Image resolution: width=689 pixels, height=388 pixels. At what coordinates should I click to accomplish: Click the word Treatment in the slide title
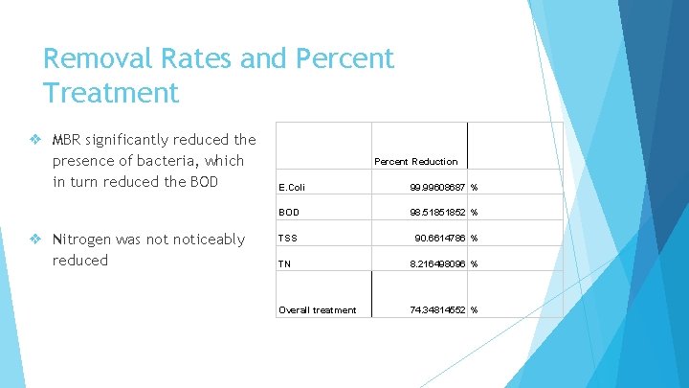point(111,93)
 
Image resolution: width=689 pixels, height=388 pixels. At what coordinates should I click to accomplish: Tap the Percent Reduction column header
point(415,161)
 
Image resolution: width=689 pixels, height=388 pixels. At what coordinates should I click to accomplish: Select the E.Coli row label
point(293,187)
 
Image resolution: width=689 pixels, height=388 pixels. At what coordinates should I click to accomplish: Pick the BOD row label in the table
point(289,213)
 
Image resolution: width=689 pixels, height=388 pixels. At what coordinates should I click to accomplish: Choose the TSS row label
point(288,238)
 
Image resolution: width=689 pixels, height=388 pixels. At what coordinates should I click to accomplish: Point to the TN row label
point(285,263)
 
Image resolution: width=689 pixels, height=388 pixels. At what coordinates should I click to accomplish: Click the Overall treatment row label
point(317,309)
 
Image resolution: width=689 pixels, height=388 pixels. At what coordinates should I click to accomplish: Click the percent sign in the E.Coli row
point(474,187)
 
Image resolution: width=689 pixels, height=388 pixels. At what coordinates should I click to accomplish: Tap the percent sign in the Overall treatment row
point(474,309)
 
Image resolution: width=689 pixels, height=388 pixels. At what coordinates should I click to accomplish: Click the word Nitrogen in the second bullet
point(87,240)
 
